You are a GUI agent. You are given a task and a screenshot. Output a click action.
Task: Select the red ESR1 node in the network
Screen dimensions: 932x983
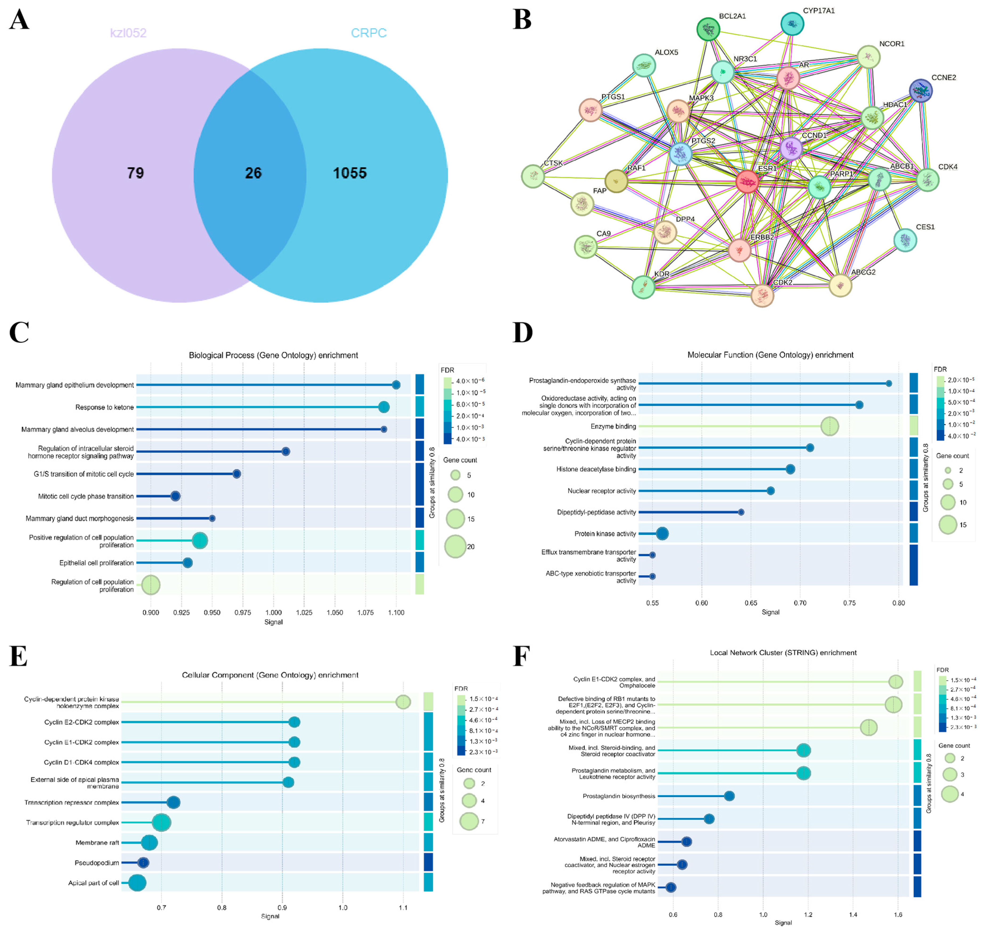tap(747, 181)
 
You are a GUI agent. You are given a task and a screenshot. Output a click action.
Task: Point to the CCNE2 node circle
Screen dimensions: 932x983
tap(920, 90)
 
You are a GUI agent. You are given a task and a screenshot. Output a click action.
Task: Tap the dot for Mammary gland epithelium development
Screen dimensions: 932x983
tap(396, 385)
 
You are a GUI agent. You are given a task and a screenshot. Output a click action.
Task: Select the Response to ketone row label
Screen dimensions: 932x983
tap(104, 407)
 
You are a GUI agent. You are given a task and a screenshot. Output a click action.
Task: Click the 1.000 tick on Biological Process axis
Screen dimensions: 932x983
tap(273, 613)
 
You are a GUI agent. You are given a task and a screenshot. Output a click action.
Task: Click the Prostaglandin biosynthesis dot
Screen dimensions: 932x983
tap(729, 796)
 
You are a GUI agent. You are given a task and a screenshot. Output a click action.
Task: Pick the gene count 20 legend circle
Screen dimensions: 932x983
tap(455, 546)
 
